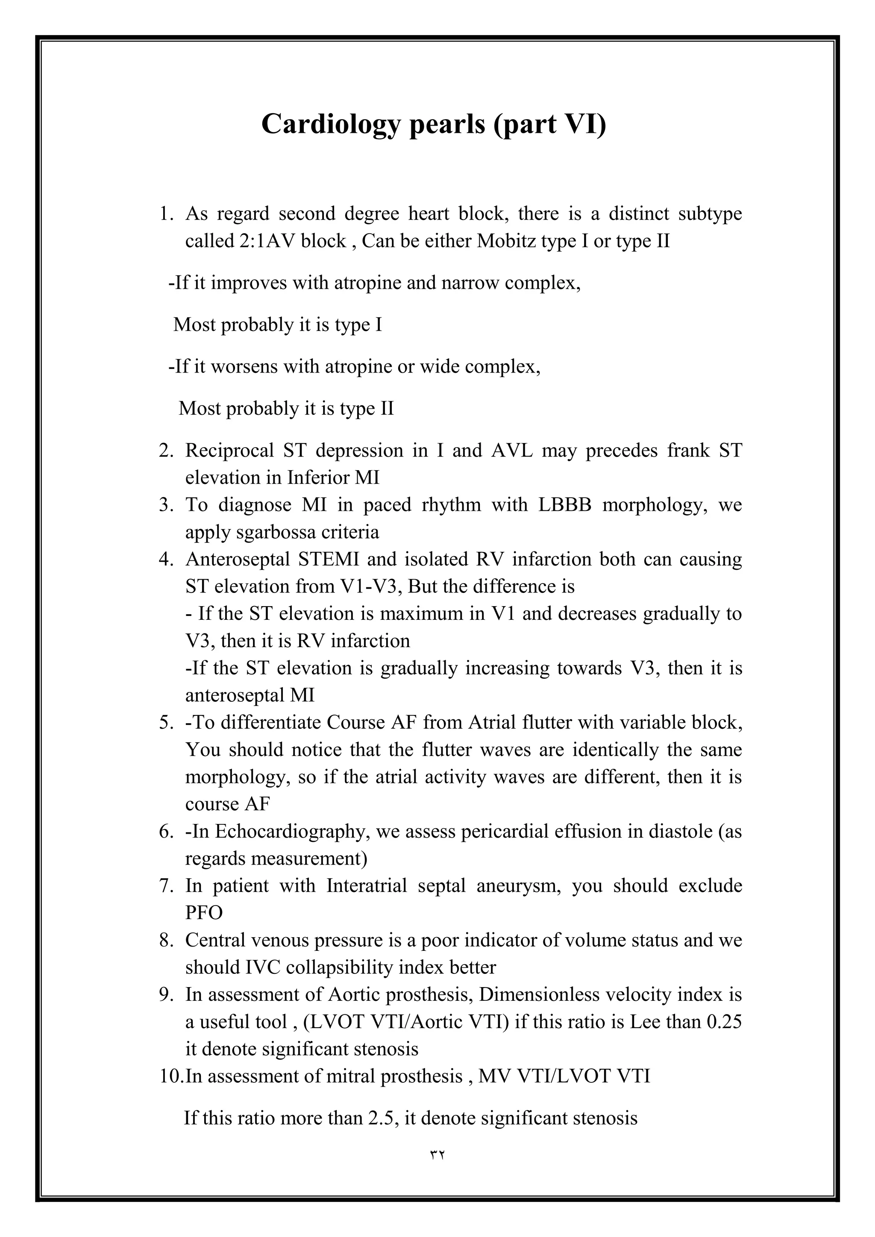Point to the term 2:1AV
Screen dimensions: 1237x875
267,240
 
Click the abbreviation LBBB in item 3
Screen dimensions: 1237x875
565,505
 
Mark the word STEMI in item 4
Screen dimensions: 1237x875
329,559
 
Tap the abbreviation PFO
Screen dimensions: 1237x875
204,913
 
